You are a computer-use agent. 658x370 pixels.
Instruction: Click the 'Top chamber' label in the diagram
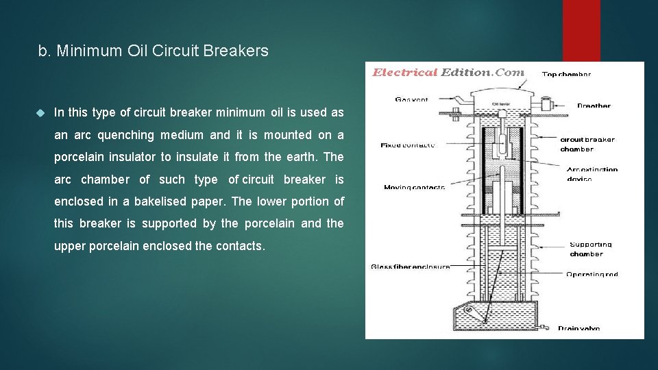(x=566, y=74)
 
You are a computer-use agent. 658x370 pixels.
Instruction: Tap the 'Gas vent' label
(x=411, y=99)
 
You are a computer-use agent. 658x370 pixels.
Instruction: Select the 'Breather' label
(x=593, y=106)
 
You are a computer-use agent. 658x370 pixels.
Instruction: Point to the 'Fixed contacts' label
(x=407, y=145)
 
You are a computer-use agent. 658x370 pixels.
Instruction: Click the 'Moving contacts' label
(x=414, y=187)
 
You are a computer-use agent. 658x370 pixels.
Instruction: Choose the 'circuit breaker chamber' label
(x=587, y=144)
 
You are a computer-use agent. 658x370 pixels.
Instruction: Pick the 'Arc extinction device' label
(x=592, y=174)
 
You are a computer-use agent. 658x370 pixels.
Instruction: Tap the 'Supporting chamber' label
(x=590, y=249)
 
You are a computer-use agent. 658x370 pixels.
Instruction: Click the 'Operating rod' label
(x=592, y=274)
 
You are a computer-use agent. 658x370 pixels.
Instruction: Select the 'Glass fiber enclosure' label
(x=410, y=267)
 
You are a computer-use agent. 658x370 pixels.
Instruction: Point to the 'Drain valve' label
(x=578, y=328)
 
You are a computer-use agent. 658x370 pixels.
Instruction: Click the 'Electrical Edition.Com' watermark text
(x=448, y=72)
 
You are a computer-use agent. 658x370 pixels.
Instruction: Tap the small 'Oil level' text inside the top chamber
(x=502, y=104)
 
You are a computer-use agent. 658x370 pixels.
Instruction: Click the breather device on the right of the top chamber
(x=546, y=105)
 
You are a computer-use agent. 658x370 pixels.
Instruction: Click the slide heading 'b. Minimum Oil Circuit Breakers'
(x=154, y=51)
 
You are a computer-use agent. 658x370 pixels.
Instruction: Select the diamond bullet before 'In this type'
(x=40, y=112)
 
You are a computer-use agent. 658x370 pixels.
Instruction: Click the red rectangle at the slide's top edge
(x=581, y=31)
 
